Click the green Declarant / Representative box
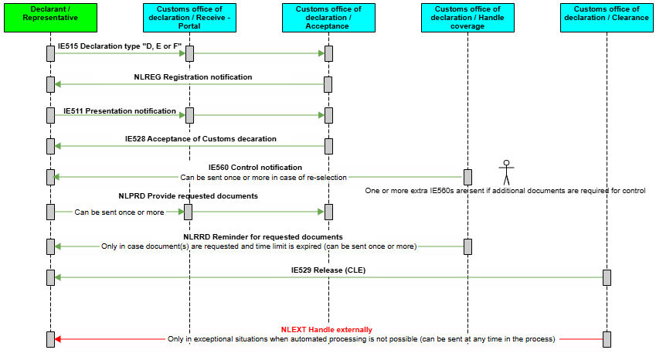pyautogui.click(x=51, y=18)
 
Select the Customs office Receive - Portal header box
pyautogui.click(x=189, y=18)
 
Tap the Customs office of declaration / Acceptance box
pyautogui.click(x=328, y=18)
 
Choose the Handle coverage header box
pyautogui.click(x=467, y=18)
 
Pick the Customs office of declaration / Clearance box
pyautogui.click(x=607, y=18)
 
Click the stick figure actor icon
pyautogui.click(x=506, y=172)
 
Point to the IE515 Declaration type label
pyautogui.click(x=120, y=46)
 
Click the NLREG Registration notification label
pyautogui.click(x=193, y=77)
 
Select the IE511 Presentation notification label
pyautogui.click(x=120, y=110)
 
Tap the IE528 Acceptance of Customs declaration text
pyautogui.click(x=201, y=139)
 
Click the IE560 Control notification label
pyautogui.click(x=255, y=167)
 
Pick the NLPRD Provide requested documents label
pyautogui.click(x=189, y=196)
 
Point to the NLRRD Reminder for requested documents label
pyautogui.click(x=263, y=237)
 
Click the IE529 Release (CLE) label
pyautogui.click(x=328, y=270)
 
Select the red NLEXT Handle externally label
pyautogui.click(x=326, y=330)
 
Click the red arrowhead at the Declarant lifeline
pyautogui.click(x=58, y=339)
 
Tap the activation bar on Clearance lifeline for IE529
pyautogui.click(x=607, y=277)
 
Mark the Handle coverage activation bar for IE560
pyautogui.click(x=467, y=177)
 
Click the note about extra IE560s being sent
pyautogui.click(x=505, y=191)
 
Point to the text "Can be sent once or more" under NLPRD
pyautogui.click(x=119, y=212)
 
